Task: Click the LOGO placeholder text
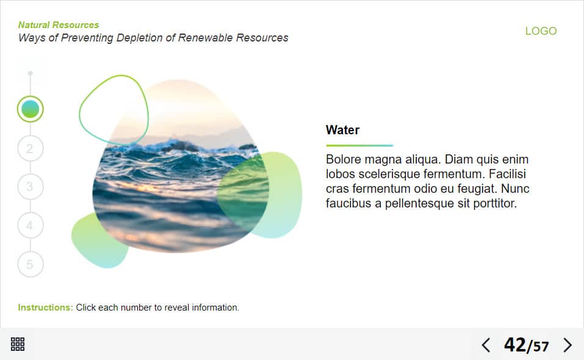click(541, 31)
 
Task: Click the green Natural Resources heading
click(59, 25)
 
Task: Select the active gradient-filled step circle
click(30, 109)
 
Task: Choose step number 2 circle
click(30, 148)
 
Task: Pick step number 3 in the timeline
click(30, 187)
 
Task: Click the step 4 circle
click(30, 225)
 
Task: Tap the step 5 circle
click(30, 264)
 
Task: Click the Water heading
click(343, 130)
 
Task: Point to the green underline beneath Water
click(359, 145)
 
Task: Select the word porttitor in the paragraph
click(495, 203)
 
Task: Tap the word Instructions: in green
click(45, 308)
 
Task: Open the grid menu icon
click(18, 344)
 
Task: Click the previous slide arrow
click(486, 345)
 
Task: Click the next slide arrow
click(568, 345)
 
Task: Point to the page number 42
click(514, 345)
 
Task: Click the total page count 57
click(541, 347)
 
